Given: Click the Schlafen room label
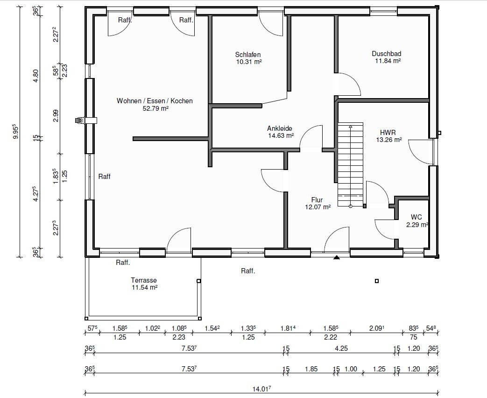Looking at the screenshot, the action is (x=248, y=55).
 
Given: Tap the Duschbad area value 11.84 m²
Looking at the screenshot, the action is (x=388, y=61).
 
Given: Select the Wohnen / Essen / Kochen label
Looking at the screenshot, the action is (x=155, y=101).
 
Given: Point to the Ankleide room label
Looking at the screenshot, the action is (x=280, y=128).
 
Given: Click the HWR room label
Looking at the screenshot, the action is (x=388, y=133).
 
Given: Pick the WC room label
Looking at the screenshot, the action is (x=416, y=217).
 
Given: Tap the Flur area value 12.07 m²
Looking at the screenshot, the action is (x=318, y=207).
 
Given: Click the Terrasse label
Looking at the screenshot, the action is (x=144, y=280).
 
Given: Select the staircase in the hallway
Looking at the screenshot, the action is (x=351, y=165).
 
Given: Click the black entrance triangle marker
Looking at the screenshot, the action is (x=337, y=257).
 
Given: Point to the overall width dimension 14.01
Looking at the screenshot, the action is (x=261, y=389).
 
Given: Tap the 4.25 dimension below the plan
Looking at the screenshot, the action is (x=341, y=348).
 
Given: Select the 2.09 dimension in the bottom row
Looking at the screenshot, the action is (x=376, y=328).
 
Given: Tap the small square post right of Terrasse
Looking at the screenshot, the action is (x=199, y=281).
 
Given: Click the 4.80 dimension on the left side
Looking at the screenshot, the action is (x=36, y=76).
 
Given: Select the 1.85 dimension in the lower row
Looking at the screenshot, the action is (x=311, y=369).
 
